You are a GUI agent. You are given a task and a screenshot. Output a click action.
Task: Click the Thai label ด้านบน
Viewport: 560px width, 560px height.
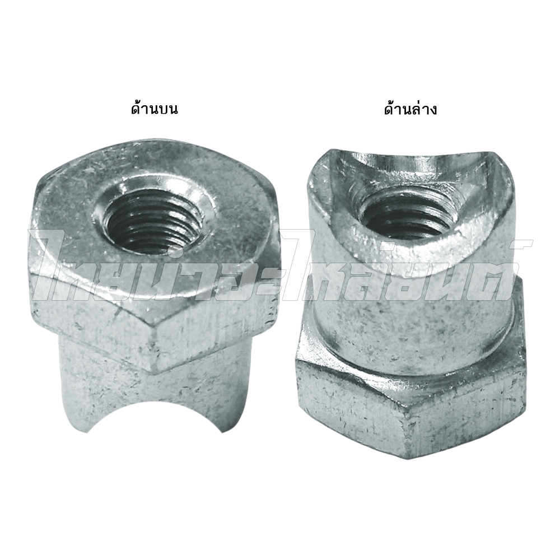(x=155, y=108)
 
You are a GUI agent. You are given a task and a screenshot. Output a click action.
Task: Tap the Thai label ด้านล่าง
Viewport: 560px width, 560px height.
(x=410, y=108)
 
